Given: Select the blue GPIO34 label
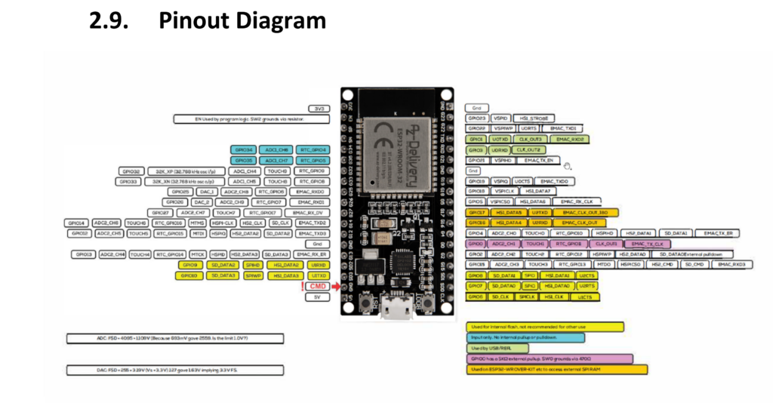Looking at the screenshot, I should click(x=246, y=150).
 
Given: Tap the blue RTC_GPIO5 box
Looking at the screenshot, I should click(x=311, y=161).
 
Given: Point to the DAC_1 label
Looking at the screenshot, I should click(x=201, y=192).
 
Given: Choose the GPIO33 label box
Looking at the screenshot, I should click(x=127, y=182).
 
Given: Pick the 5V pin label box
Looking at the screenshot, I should click(x=318, y=297).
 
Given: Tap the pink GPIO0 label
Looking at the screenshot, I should click(x=476, y=245).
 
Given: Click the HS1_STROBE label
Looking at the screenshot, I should click(x=534, y=118).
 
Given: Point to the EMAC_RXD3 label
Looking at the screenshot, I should click(x=731, y=265).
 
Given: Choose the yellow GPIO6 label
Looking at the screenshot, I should click(x=476, y=297).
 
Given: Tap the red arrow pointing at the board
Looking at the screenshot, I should click(x=337, y=287).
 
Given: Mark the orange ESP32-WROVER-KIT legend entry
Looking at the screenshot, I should click(x=557, y=370).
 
